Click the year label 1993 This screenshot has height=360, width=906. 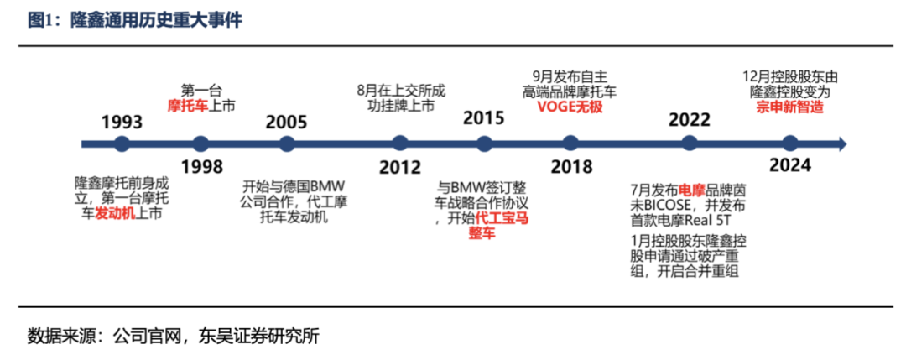122,122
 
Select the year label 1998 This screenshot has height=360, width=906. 200,165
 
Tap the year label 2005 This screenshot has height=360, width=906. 287,122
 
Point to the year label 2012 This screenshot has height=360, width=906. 399,166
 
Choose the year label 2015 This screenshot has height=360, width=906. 485,117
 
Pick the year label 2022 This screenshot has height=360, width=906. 690,118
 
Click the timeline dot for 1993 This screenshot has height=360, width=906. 122,143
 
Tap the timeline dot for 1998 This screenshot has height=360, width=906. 200,143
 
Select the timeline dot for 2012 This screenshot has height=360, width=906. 399,143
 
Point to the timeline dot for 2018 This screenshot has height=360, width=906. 572,143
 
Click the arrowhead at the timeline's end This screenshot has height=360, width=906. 842,143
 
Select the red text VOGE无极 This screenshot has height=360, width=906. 570,107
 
